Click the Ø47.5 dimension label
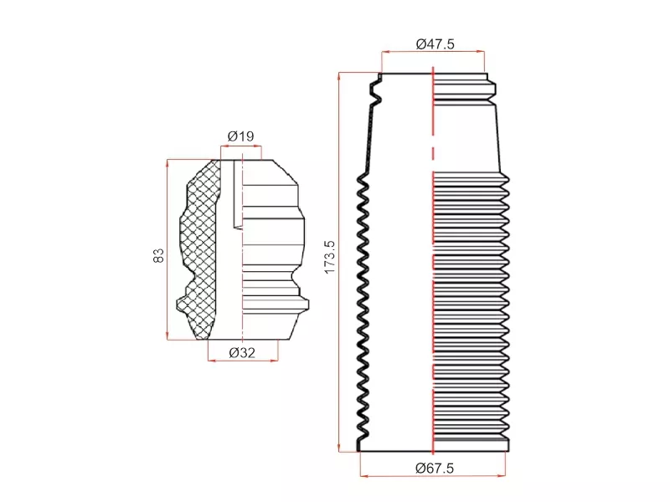click(435, 44)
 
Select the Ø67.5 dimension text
click(435, 469)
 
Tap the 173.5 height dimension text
click(329, 257)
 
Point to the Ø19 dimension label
click(240, 136)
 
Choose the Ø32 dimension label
click(242, 352)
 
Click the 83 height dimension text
click(158, 255)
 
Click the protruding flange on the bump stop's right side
click(302, 304)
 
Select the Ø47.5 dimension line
click(433, 52)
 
